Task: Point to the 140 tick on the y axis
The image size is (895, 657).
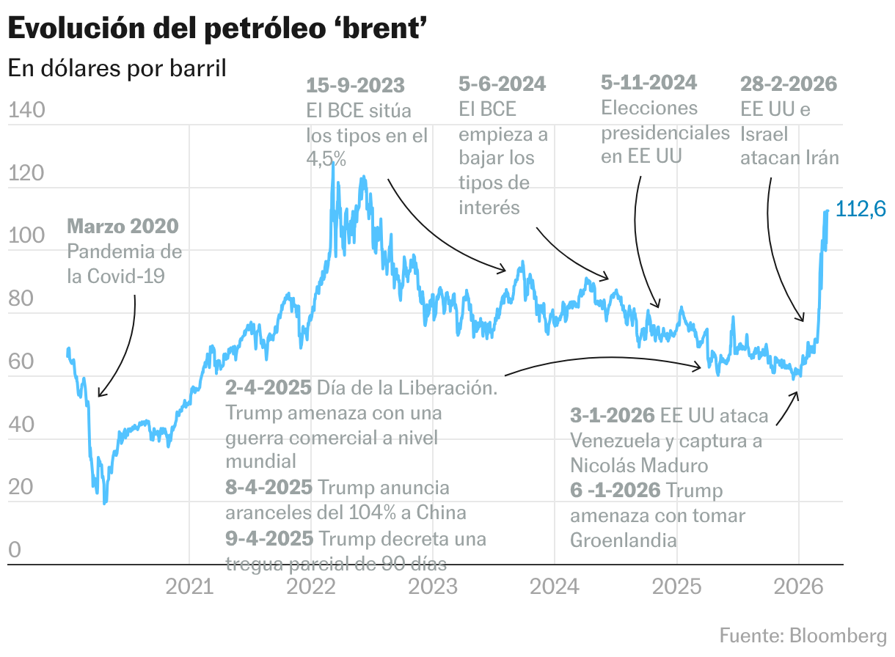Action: point(26,111)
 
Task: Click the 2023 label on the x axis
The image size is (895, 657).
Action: point(433,587)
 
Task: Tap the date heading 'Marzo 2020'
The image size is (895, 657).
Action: point(123,225)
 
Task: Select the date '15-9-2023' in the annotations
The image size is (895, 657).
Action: point(355,86)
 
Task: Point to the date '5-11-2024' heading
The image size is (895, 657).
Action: point(649,82)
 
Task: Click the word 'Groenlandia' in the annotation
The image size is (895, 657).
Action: point(623,540)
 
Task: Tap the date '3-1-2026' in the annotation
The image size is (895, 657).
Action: point(612,416)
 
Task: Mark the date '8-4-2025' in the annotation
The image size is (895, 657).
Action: point(268,488)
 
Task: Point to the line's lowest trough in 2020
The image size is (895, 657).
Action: point(105,502)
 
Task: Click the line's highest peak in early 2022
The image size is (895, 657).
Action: point(333,162)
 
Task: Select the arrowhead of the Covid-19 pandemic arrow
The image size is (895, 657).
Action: point(99,395)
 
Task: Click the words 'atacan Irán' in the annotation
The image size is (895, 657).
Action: point(789,158)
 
